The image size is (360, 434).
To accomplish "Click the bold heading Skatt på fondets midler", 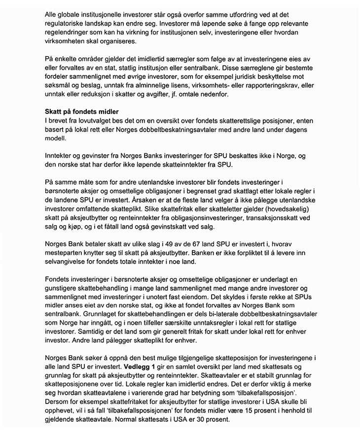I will pos(81,112).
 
